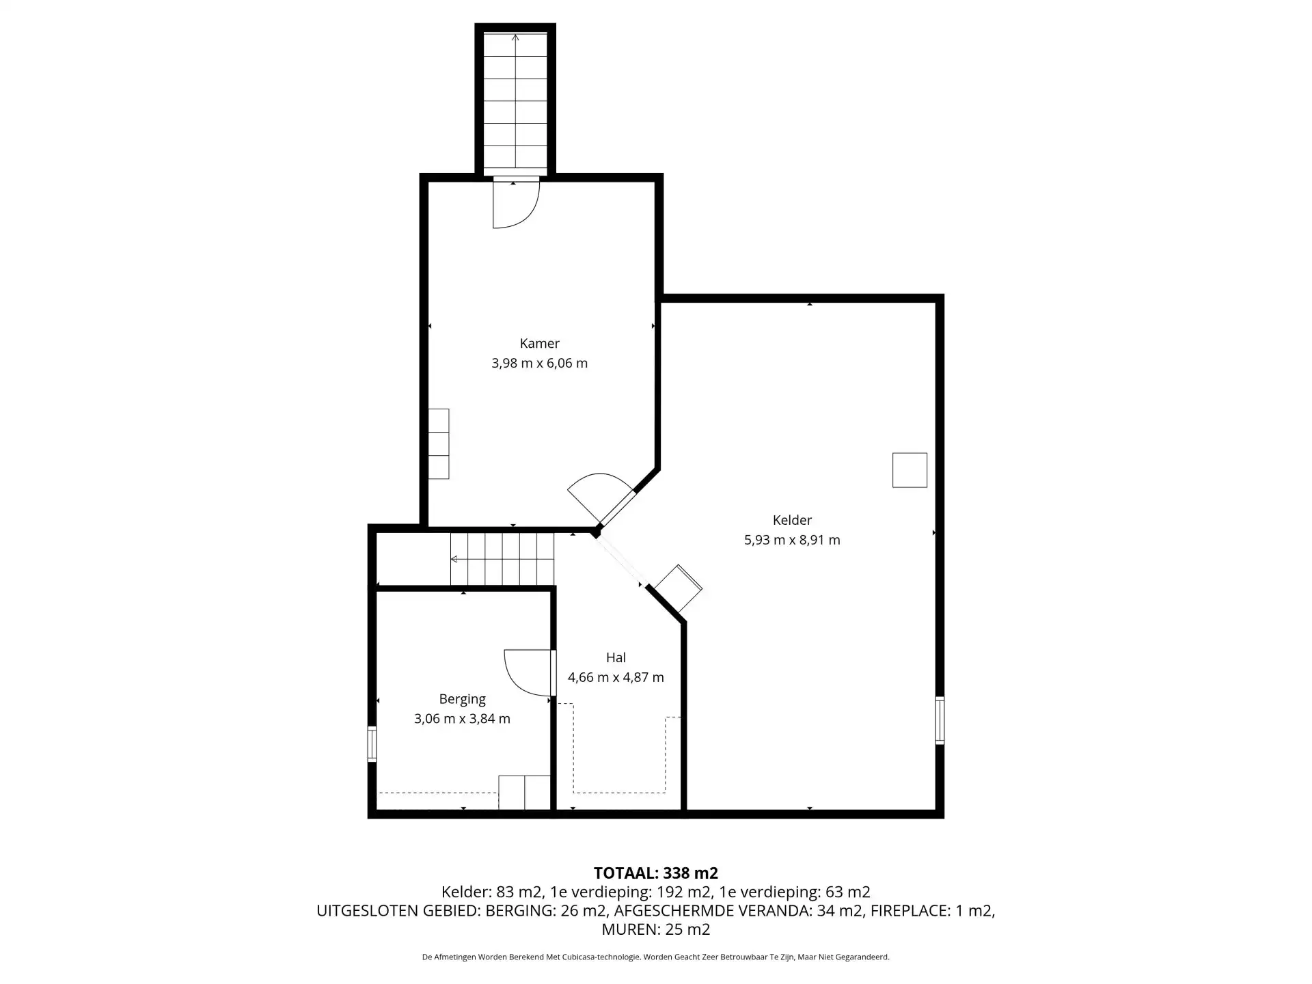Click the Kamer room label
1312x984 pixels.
[x=539, y=343]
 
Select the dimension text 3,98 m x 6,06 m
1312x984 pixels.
[x=539, y=363]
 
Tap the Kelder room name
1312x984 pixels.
[x=792, y=520]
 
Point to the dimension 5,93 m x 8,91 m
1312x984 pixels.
[x=792, y=540]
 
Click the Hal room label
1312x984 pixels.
[x=616, y=657]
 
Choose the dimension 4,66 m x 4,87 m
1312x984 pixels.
[x=616, y=677]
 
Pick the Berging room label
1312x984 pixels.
[x=463, y=699]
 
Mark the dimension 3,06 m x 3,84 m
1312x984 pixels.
[x=463, y=719]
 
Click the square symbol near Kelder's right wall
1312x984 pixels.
[x=910, y=470]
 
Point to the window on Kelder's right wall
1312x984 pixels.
[x=940, y=720]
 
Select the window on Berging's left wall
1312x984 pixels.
[x=372, y=744]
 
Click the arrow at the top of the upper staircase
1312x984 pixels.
[x=515, y=38]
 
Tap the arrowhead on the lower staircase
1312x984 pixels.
[x=454, y=560]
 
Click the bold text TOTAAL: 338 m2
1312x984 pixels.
[x=656, y=873]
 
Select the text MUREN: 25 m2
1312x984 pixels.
[x=656, y=929]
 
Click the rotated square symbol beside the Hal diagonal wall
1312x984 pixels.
[x=678, y=588]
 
